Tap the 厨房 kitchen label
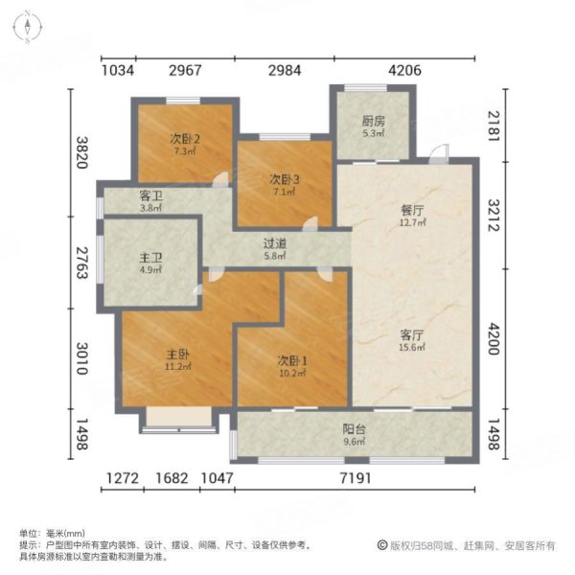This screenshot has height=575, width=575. pyautogui.click(x=373, y=122)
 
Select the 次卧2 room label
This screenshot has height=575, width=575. pyautogui.click(x=186, y=137)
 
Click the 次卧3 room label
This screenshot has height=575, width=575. pyautogui.click(x=284, y=178)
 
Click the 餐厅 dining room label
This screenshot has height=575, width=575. pyautogui.click(x=412, y=213)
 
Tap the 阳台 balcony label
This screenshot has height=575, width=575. pyautogui.click(x=355, y=430)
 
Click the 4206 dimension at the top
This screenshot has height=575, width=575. pyautogui.click(x=402, y=70)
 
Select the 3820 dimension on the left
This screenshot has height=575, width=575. pyautogui.click(x=81, y=152)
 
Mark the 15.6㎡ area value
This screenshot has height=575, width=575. pyautogui.click(x=412, y=348)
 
